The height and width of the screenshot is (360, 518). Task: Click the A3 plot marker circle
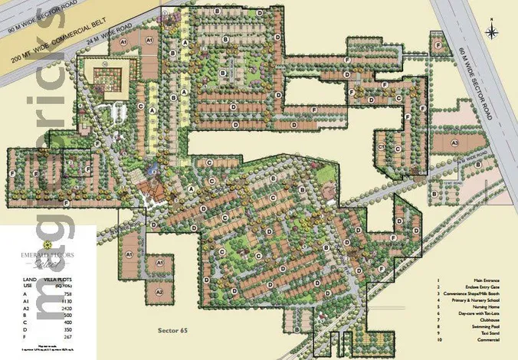454,142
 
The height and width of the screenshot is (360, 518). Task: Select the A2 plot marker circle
159,292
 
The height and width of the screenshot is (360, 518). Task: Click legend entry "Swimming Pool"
474,327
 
